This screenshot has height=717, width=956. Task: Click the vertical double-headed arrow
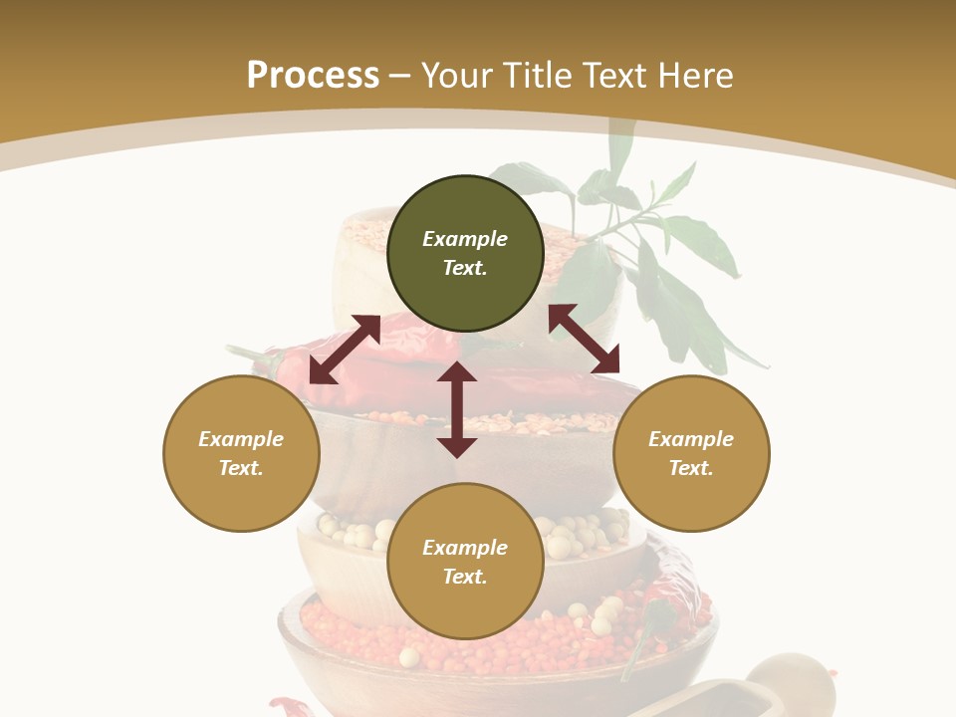point(457,409)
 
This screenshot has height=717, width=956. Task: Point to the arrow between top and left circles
point(345,349)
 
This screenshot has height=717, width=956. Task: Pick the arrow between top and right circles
point(585,339)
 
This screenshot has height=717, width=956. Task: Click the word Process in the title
point(313,75)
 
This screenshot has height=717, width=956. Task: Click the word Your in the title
point(457,75)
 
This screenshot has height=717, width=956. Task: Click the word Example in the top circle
point(465,239)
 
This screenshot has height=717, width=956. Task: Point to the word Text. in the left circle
point(241,468)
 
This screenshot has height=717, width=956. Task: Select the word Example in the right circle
point(691,439)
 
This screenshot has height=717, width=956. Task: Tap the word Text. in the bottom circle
point(465,577)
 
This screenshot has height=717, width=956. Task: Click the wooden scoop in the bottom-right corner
point(787,687)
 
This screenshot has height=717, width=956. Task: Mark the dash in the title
point(400,76)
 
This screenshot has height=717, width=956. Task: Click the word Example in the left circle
point(241,439)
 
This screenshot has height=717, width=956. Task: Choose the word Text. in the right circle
point(691,468)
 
